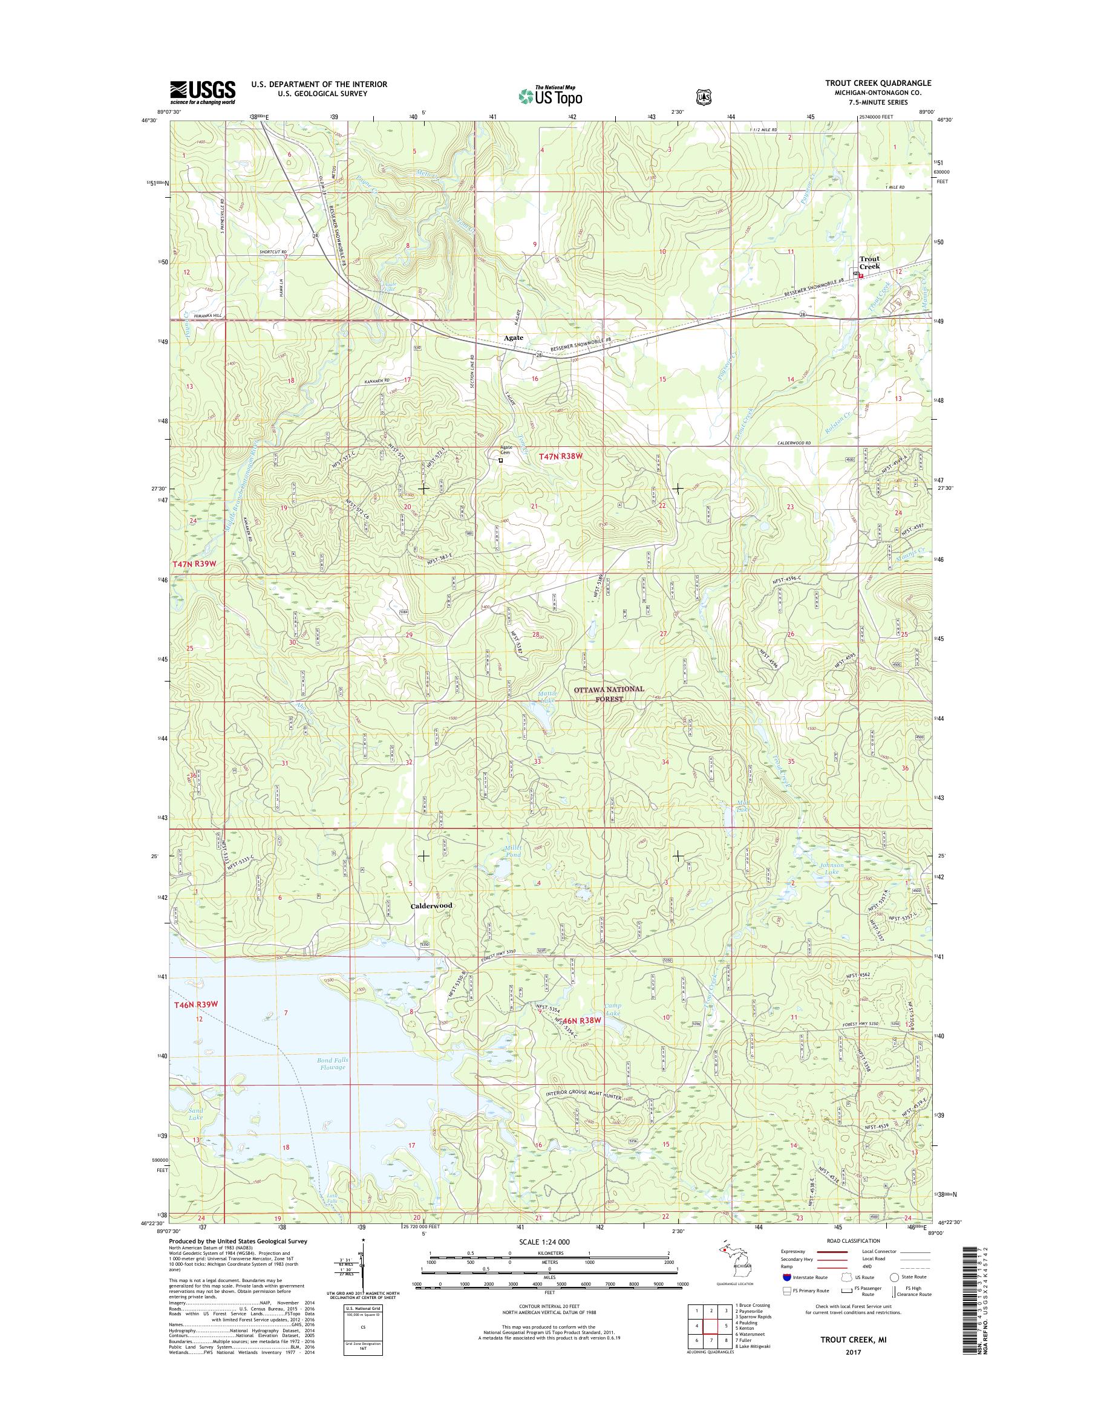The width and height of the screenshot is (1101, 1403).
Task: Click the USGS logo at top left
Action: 203,92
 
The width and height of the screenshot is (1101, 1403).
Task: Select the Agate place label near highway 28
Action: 514,337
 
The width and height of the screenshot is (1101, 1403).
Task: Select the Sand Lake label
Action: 196,1132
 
